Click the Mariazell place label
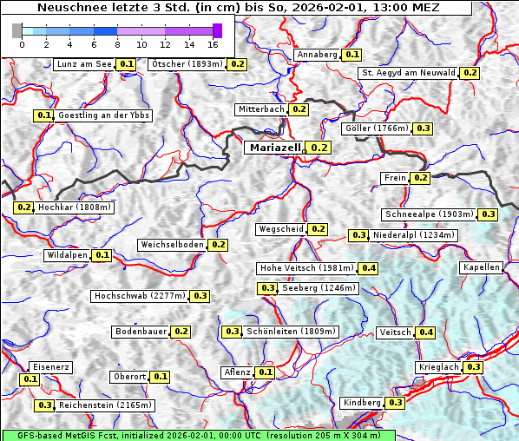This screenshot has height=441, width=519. point(274,148)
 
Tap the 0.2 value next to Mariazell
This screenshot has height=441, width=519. point(319,148)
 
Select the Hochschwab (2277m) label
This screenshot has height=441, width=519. point(140,296)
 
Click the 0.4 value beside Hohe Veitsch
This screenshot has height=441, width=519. point(369,268)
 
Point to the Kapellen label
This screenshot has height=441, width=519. point(482,267)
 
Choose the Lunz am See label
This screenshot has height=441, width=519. point(83,64)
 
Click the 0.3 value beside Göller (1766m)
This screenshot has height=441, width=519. point(423,128)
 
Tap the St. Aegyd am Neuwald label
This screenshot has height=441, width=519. point(408,73)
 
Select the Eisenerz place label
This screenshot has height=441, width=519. point(49,367)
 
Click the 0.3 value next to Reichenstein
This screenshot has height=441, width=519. point(44,405)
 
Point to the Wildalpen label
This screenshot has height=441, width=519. point(67,255)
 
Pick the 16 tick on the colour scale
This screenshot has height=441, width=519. point(213,43)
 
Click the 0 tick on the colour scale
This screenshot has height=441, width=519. point(22,43)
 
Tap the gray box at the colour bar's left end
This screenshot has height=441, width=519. point(17,30)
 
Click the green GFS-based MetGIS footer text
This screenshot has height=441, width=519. point(198,435)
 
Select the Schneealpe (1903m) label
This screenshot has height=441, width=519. point(430,214)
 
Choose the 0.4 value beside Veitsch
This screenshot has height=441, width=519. point(426,332)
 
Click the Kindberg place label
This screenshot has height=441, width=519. point(362,403)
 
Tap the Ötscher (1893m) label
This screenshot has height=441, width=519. point(186,64)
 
